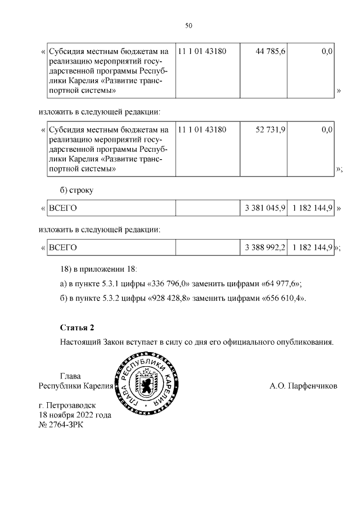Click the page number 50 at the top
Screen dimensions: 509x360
tap(189, 25)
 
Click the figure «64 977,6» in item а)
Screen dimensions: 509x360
tap(277, 283)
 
